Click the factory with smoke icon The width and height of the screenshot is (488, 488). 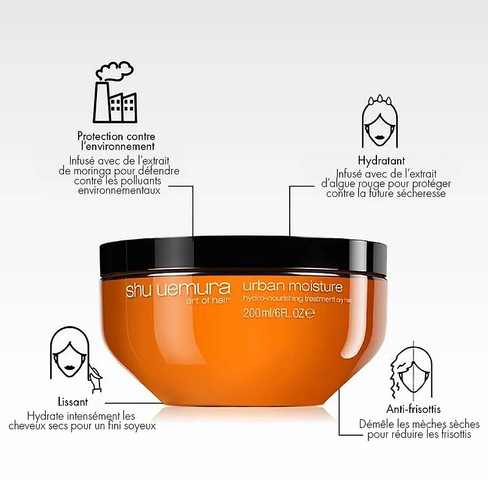(x=115, y=92)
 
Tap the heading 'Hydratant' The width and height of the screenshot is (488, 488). (x=381, y=160)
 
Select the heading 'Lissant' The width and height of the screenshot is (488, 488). (x=73, y=402)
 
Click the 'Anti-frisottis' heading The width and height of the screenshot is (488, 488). (x=414, y=409)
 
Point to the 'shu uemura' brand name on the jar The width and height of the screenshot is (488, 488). (x=178, y=289)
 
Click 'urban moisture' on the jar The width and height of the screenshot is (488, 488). (x=293, y=286)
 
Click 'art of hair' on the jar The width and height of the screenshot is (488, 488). (x=207, y=301)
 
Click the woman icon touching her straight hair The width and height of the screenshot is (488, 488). (x=76, y=359)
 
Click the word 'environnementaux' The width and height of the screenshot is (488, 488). (x=119, y=190)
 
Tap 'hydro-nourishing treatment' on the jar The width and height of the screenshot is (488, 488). (x=289, y=299)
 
